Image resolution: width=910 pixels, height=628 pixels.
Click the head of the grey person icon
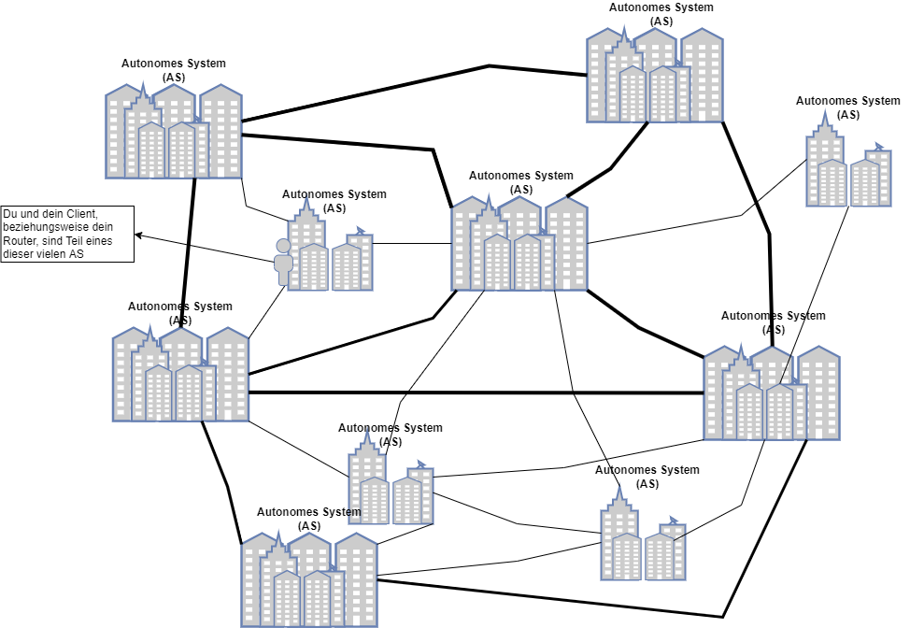pos(284,246)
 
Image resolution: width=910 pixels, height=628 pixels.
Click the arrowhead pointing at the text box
pos(138,235)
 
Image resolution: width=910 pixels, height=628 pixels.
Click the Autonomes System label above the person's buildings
pos(334,194)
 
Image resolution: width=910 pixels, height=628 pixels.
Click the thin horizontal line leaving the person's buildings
pos(412,244)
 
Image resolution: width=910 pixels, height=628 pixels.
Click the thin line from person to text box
pos(206,249)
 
